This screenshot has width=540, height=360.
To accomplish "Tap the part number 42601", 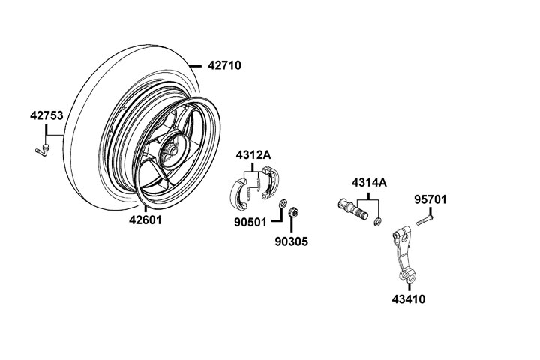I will pos(145,220).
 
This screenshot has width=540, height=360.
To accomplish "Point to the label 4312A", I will pos(253,154).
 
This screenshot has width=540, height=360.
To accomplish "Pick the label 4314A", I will pos(370,182).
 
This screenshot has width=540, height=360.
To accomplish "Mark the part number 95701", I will pos(430,199).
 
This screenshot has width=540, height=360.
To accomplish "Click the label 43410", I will pos(408,298).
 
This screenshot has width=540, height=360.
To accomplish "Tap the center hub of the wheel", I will pos(172,152).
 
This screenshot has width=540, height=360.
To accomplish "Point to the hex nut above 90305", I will pos(295,212).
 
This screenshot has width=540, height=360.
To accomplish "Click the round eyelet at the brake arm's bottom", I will pos(411,280).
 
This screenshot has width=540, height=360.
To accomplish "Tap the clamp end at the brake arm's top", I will pos(401,232).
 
